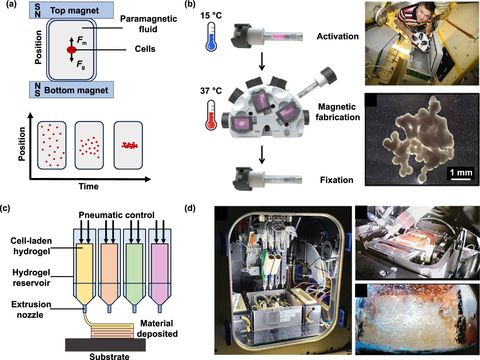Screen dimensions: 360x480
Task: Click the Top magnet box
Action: [71, 10]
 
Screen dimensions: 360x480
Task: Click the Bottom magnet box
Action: [71, 90]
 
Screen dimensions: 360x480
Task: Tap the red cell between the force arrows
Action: [71, 50]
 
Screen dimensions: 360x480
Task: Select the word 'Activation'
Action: [338, 37]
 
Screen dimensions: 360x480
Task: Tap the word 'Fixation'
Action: [337, 180]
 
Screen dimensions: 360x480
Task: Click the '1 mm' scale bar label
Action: [461, 173]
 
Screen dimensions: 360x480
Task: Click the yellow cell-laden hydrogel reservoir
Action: [84, 272]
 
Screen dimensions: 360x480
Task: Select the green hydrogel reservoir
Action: [134, 272]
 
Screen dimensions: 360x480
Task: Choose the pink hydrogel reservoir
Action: [160, 272]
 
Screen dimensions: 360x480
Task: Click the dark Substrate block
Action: [105, 345]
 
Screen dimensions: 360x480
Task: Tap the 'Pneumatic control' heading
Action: [116, 215]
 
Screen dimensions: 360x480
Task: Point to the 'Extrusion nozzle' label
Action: [31, 309]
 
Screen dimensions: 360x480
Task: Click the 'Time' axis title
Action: [89, 186]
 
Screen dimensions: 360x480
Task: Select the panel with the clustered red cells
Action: [128, 145]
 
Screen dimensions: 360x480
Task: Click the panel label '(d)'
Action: [190, 208]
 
